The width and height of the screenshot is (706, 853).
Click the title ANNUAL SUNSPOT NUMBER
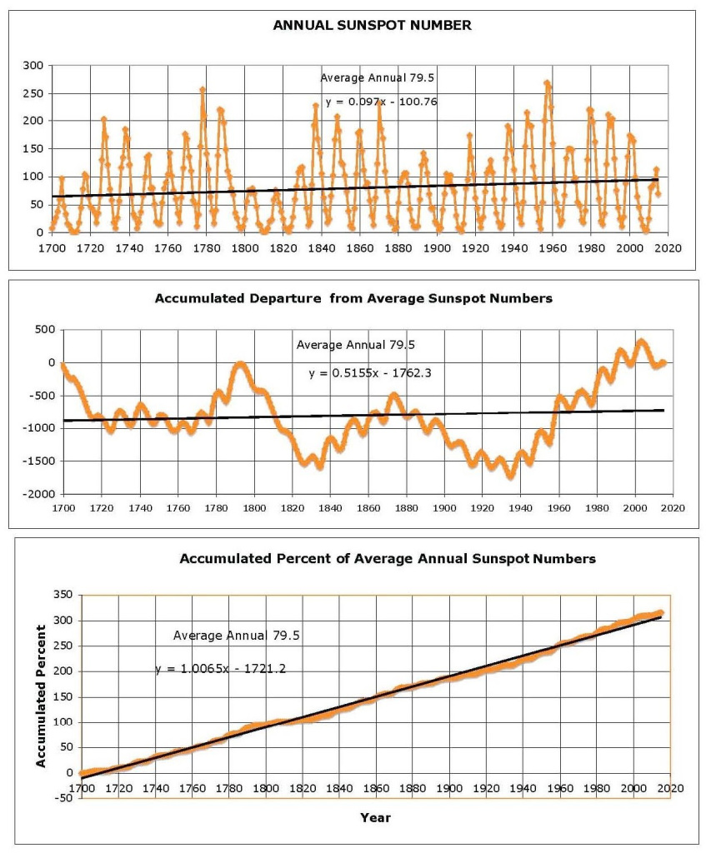(373, 25)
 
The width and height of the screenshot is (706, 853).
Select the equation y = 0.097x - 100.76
(381, 102)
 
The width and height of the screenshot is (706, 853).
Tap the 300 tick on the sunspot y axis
(34, 65)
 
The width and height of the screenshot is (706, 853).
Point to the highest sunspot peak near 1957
(547, 82)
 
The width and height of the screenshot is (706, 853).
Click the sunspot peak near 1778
(203, 89)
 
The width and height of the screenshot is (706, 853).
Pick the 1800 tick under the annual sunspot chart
(243, 247)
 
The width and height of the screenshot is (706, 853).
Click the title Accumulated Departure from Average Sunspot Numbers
(353, 298)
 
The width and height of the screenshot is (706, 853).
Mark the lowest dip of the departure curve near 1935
(511, 476)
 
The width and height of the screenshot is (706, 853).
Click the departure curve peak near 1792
(241, 363)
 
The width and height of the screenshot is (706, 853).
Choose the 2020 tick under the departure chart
(673, 507)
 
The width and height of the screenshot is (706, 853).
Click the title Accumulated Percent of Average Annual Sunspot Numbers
(388, 559)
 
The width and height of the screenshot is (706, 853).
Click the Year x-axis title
(375, 817)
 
